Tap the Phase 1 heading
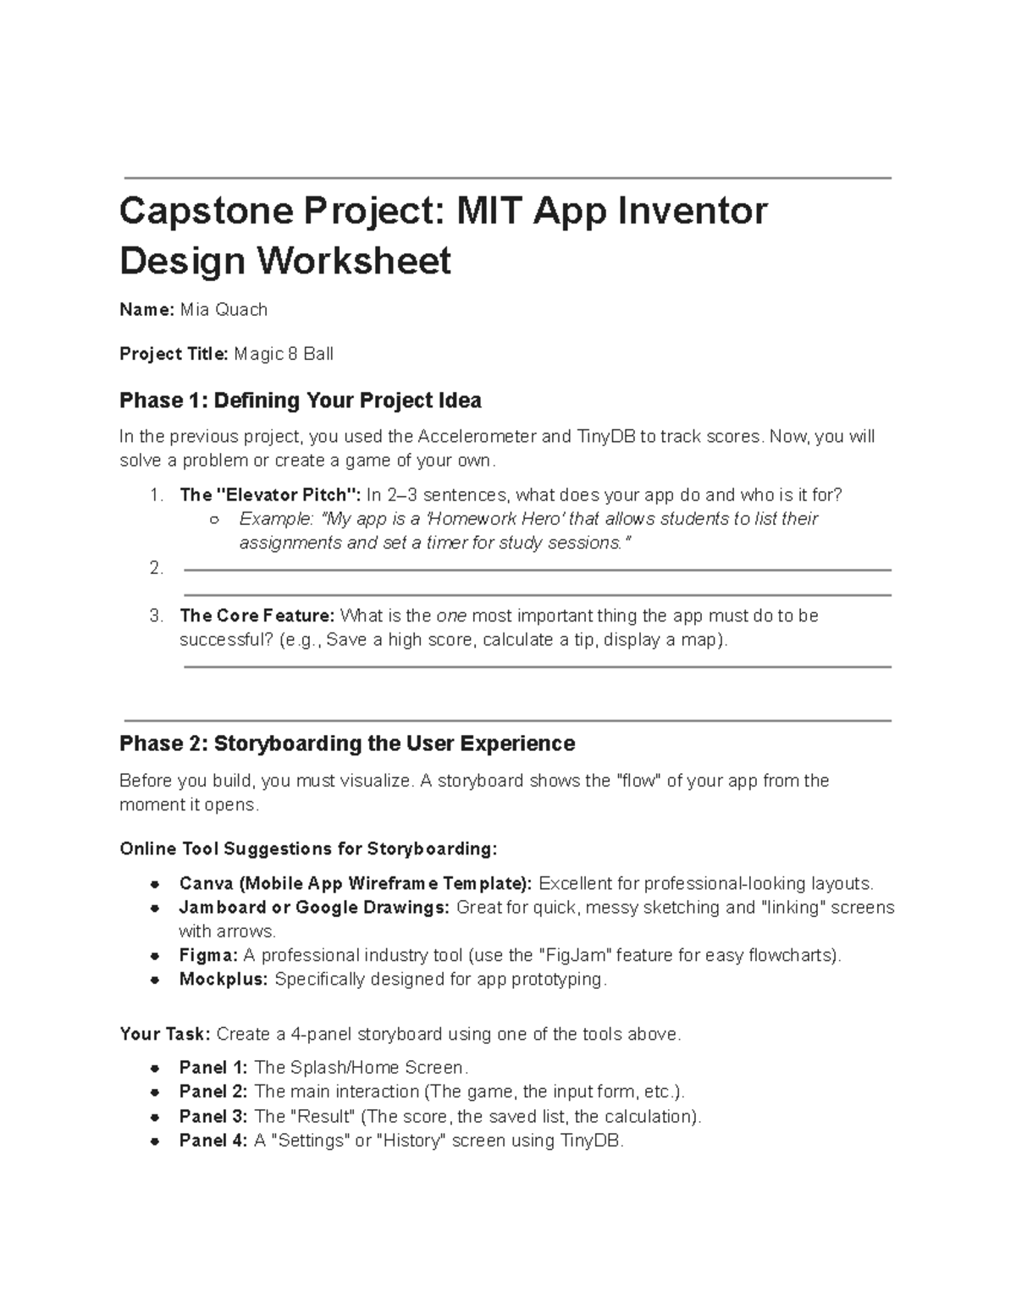pos(301,400)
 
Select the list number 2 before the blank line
pos(156,568)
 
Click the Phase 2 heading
pos(347,743)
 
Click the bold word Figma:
pos(208,955)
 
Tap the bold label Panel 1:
pos(213,1067)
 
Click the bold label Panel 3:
pos(213,1116)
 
